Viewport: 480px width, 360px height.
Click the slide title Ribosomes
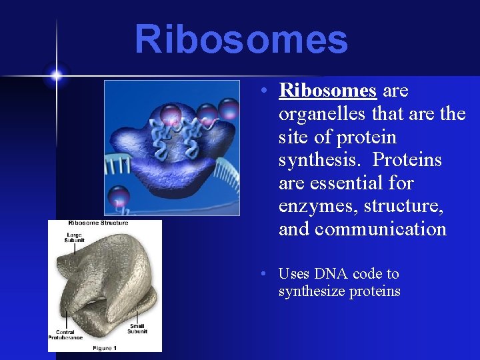coord(241,40)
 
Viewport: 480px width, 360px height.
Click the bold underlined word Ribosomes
coord(328,91)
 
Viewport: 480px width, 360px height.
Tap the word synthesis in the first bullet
coord(322,161)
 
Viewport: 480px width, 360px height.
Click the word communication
coord(380,230)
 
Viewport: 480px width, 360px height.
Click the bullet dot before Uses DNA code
coord(265,274)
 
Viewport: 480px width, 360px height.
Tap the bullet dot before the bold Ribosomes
coord(265,91)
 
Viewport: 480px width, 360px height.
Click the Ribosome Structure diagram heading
coord(98,223)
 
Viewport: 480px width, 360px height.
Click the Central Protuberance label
coord(65,334)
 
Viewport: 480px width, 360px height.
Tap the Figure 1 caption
coord(105,347)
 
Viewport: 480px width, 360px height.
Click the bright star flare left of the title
coord(56,75)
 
